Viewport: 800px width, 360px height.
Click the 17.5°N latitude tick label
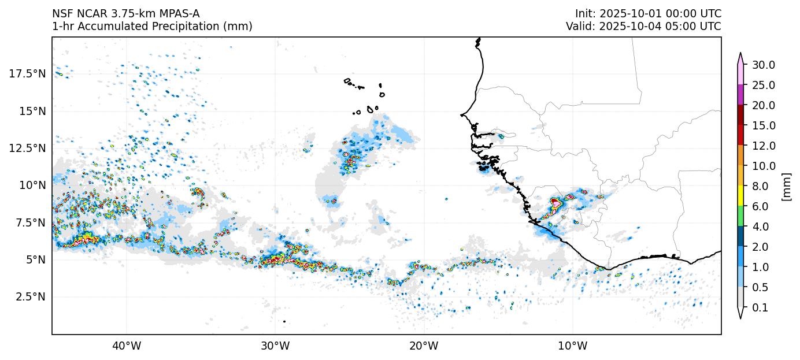tap(27, 73)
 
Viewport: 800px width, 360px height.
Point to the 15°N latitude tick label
tap(32, 111)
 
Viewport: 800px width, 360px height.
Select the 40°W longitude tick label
tap(126, 346)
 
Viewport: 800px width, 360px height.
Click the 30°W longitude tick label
tap(275, 346)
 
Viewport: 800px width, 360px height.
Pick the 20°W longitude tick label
tap(424, 346)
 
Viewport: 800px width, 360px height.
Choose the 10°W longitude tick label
tap(573, 346)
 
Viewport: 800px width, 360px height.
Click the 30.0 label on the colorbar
tap(764, 65)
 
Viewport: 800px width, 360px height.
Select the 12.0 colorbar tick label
tap(764, 146)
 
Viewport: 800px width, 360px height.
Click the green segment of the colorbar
tap(740, 216)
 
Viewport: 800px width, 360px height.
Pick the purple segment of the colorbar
tap(740, 95)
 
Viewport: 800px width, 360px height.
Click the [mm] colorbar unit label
tap(786, 186)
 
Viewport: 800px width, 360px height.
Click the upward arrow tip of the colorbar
tap(740, 54)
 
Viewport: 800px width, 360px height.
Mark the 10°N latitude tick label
tap(32, 185)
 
